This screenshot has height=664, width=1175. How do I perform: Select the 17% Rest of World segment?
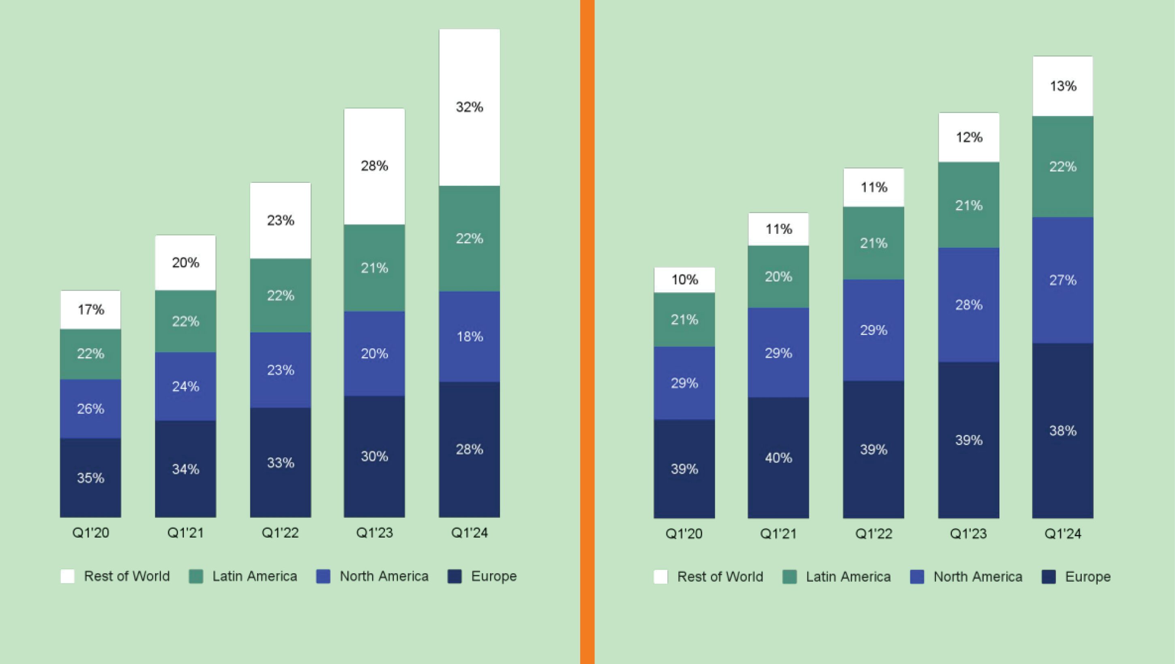point(91,310)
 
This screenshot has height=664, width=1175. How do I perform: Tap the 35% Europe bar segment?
point(91,478)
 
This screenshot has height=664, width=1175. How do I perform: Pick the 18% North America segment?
point(470,336)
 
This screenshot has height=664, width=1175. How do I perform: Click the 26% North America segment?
point(91,409)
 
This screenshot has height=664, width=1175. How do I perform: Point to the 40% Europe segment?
point(778,457)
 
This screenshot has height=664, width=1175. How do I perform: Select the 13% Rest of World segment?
point(1062,86)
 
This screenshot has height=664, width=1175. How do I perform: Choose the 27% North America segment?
point(1062,280)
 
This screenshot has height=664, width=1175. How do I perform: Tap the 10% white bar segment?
point(684,280)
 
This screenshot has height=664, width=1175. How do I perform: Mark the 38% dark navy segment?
point(1062,431)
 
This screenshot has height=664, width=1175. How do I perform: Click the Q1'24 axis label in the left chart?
point(470,533)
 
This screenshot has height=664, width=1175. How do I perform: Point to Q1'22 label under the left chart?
point(280,533)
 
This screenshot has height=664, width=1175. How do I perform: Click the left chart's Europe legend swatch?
point(455,576)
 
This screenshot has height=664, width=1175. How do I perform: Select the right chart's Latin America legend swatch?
point(789,577)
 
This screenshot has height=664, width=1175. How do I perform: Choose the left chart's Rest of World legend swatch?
point(67,576)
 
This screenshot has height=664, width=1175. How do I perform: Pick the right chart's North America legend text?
point(978,577)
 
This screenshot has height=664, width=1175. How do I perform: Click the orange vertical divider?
point(587,332)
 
